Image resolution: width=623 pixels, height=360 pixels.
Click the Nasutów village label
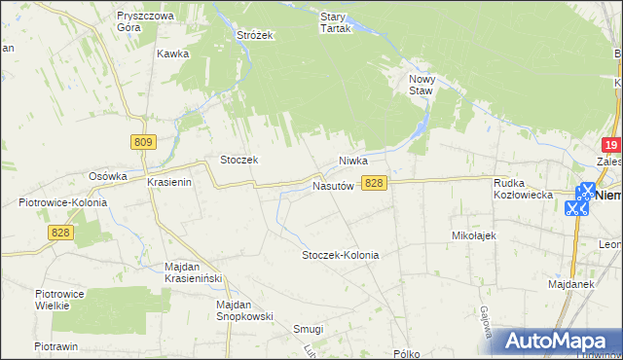(x=332, y=185)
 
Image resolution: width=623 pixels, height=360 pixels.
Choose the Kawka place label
(x=171, y=54)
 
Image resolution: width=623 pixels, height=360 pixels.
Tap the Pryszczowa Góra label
(x=144, y=22)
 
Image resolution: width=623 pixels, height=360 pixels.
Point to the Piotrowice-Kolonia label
(x=62, y=202)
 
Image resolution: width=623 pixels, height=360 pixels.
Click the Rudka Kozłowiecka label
(x=524, y=188)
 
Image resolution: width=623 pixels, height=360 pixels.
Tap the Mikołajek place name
(x=475, y=235)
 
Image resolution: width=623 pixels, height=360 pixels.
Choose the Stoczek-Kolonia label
(x=340, y=255)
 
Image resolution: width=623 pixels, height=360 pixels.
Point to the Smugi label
(x=309, y=329)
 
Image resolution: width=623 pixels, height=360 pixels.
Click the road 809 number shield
(x=143, y=142)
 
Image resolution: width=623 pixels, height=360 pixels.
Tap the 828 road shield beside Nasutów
(x=374, y=183)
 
